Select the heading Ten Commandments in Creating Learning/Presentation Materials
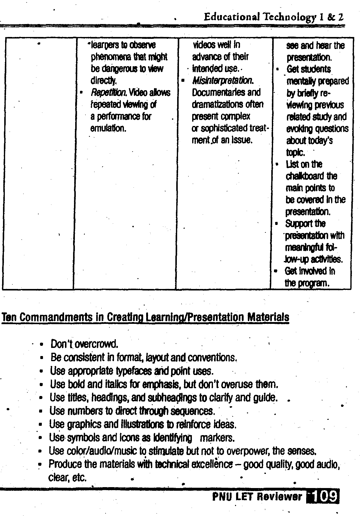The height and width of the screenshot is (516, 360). pyautogui.click(x=145, y=317)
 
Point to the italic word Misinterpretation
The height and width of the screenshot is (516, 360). pyautogui.click(x=223, y=81)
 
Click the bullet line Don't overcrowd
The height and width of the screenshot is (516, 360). pyautogui.click(x=84, y=344)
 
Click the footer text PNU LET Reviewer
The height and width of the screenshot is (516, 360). pyautogui.click(x=257, y=496)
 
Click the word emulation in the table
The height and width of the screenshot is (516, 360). pyautogui.click(x=108, y=128)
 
